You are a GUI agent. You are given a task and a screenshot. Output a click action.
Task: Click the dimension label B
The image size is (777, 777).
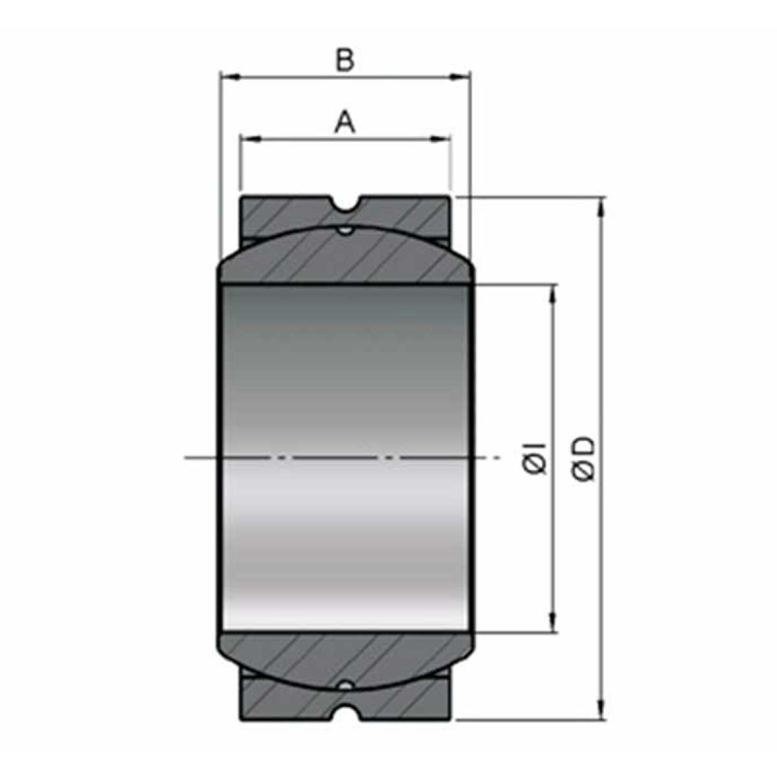point(345,60)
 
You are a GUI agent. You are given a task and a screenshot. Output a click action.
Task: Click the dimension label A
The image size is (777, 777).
point(345,122)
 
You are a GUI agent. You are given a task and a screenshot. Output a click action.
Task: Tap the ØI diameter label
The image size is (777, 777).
point(535,458)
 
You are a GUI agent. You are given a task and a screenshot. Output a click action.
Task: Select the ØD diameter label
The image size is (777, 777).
point(584,458)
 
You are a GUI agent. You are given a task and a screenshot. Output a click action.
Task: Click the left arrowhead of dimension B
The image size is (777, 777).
point(231,77)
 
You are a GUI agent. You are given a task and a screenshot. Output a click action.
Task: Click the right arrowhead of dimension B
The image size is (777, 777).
point(459,77)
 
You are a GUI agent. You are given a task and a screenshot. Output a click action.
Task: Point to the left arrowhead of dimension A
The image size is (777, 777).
point(251,139)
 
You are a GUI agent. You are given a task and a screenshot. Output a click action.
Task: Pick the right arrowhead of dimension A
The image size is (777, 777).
point(441,139)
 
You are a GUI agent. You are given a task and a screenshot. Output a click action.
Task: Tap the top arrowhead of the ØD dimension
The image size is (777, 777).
point(602,207)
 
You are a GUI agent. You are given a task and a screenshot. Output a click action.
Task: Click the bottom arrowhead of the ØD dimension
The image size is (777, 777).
point(602,709)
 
